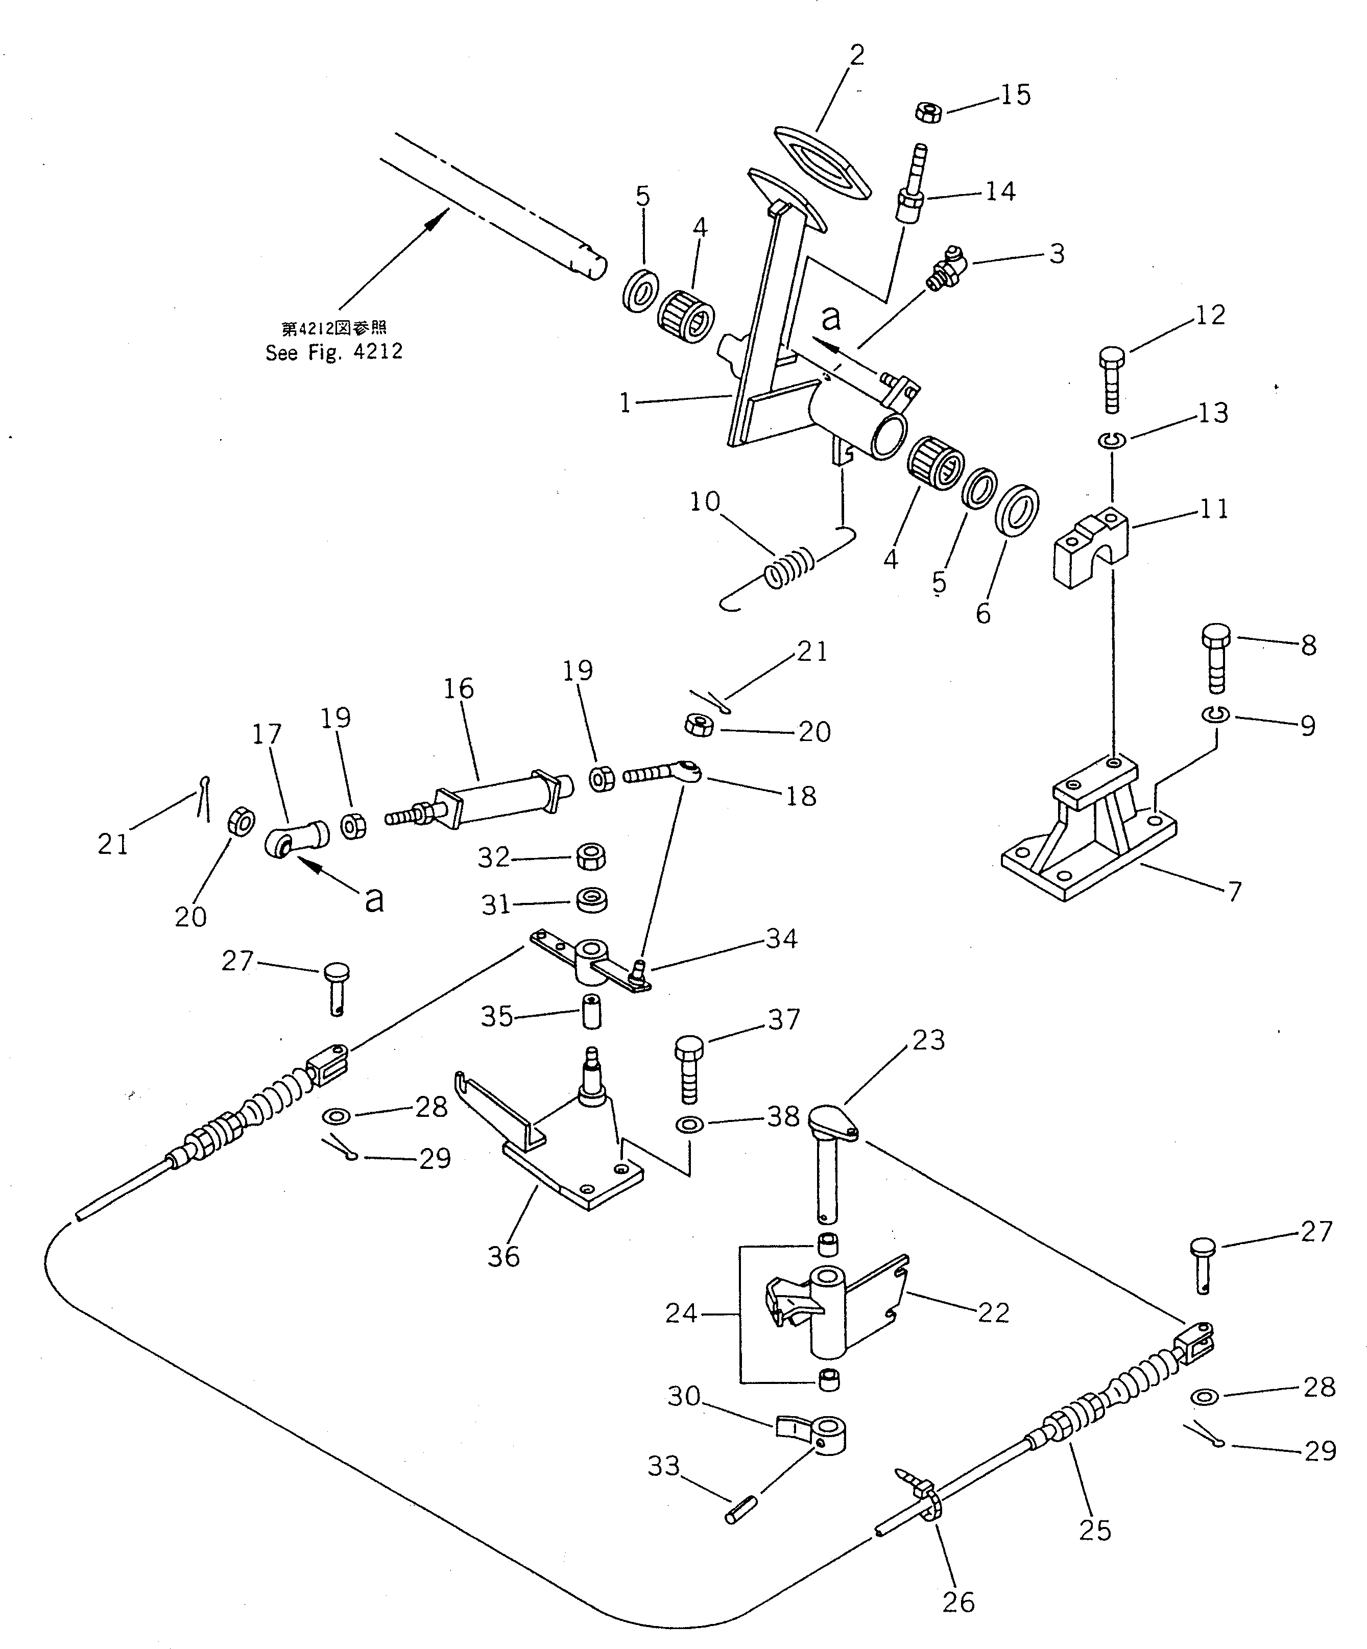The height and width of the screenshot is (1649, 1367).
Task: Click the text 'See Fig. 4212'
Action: [x=333, y=352]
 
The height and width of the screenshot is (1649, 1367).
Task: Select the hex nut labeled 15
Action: [x=927, y=113]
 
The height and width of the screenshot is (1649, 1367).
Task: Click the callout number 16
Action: [x=459, y=688]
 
